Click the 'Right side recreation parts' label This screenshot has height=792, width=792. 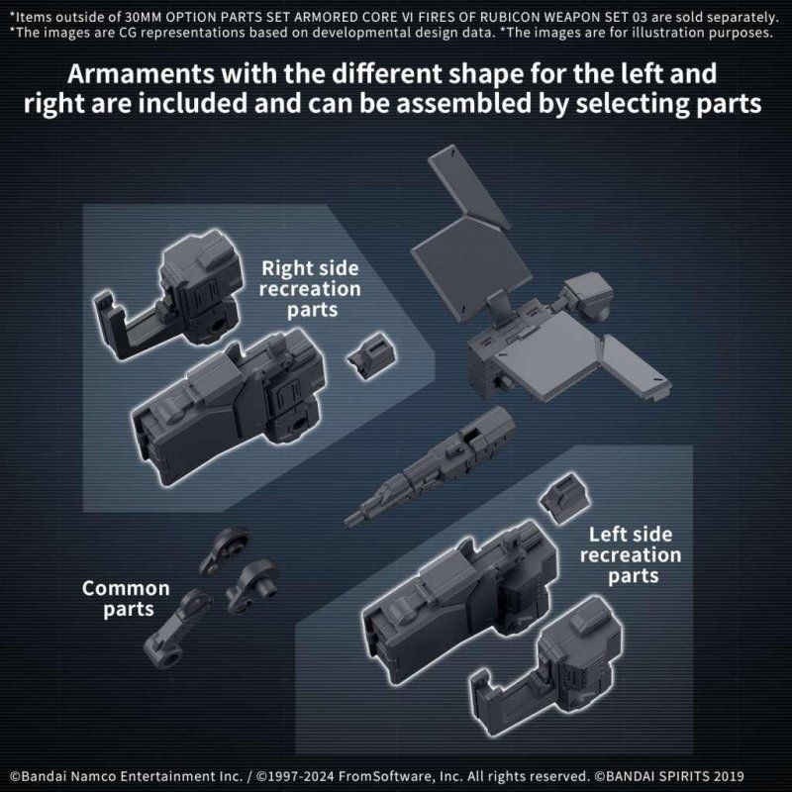pos(311,289)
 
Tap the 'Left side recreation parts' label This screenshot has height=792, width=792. pos(631,554)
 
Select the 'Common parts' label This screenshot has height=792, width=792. pos(126,598)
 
